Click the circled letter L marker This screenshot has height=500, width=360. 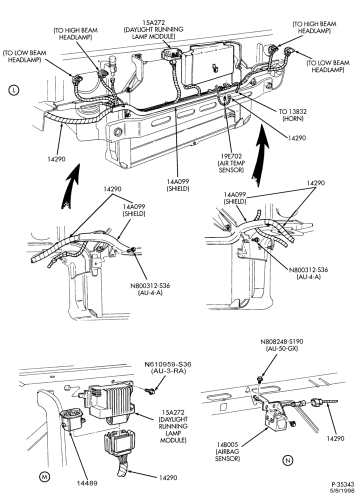click(x=13, y=90)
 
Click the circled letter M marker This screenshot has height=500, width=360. click(x=44, y=476)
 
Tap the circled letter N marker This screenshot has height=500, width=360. click(x=287, y=460)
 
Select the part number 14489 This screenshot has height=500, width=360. click(x=86, y=483)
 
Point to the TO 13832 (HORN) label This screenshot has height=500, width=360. click(x=292, y=115)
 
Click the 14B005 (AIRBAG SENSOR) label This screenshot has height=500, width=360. click(x=227, y=451)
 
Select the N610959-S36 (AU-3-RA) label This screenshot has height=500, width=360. click(x=168, y=367)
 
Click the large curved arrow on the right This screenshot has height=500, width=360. click(x=259, y=155)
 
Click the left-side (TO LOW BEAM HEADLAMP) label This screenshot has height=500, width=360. click(x=24, y=56)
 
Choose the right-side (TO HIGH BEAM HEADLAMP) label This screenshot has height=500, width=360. click(x=314, y=27)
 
